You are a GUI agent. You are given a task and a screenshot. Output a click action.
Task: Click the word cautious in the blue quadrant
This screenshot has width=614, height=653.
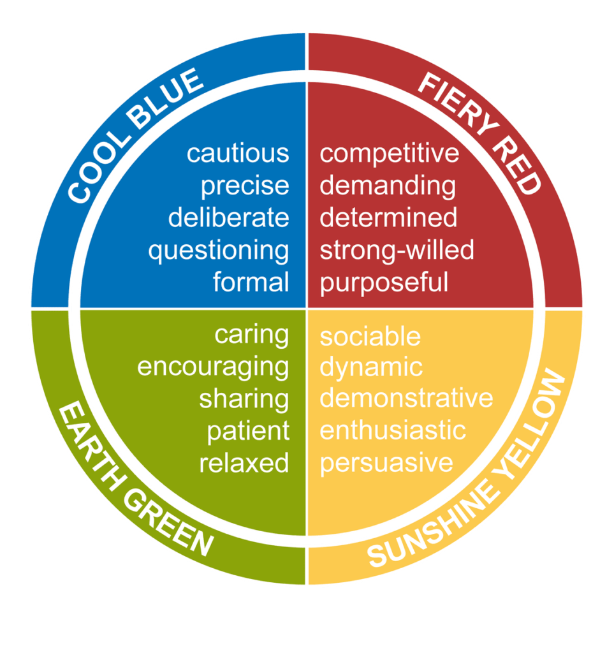pos(238,153)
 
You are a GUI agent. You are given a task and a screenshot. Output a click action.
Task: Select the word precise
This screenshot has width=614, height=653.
pos(245,187)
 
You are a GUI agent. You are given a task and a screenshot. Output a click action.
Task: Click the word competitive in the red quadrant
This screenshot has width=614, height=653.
pos(389,154)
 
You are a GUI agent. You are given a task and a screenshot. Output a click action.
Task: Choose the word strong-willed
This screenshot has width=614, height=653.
pos(397,250)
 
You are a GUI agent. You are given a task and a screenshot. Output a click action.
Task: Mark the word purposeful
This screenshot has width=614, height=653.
pos(384,283)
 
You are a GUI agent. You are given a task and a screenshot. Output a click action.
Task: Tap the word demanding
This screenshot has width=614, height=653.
pos(388,187)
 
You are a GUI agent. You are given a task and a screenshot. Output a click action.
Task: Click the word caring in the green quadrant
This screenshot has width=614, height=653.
pos(251,335)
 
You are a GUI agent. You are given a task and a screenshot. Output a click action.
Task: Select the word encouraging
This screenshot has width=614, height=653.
pos(213,368)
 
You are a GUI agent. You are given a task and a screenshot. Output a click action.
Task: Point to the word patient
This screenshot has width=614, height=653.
pos(248,431)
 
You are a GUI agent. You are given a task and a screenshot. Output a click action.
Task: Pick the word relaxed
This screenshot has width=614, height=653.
pos(244,463)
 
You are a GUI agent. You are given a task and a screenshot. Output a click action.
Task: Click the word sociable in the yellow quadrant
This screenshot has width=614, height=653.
pos(370,336)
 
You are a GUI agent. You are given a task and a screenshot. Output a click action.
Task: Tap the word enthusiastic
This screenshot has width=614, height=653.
pos(393,430)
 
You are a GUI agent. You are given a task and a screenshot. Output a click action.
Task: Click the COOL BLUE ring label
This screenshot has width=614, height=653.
pos(136,136)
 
